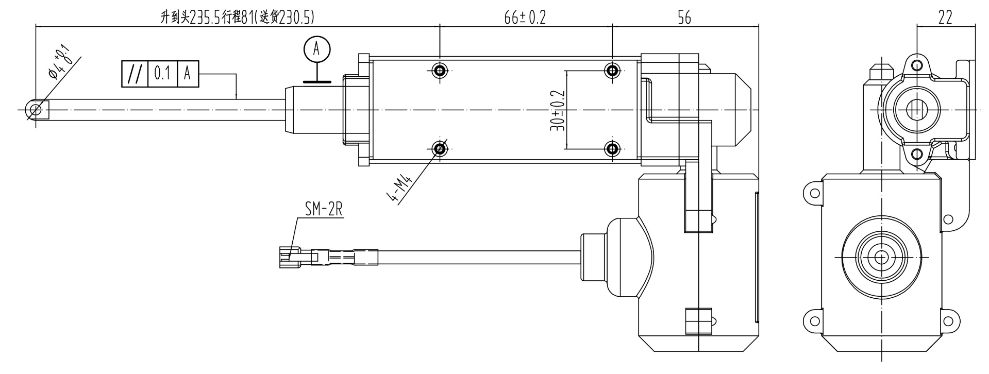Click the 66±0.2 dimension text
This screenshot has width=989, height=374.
(x=525, y=18)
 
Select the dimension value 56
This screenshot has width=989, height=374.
(x=683, y=18)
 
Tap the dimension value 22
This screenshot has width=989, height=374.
(x=945, y=18)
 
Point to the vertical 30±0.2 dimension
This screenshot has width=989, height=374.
(x=558, y=110)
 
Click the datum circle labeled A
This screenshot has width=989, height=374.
(x=317, y=49)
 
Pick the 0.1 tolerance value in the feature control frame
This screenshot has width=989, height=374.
(x=162, y=74)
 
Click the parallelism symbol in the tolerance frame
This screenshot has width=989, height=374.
(x=135, y=74)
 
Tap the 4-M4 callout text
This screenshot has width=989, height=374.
(x=400, y=190)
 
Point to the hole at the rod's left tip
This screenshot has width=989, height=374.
(x=36, y=110)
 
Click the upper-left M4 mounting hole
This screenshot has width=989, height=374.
(x=440, y=70)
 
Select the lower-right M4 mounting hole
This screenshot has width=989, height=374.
(x=612, y=149)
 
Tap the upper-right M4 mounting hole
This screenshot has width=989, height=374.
(x=612, y=70)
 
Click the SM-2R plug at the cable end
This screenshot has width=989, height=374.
(x=288, y=256)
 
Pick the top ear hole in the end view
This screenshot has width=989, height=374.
(x=916, y=65)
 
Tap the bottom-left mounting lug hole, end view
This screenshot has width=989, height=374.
(x=814, y=321)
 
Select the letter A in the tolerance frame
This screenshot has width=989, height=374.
(x=187, y=74)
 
